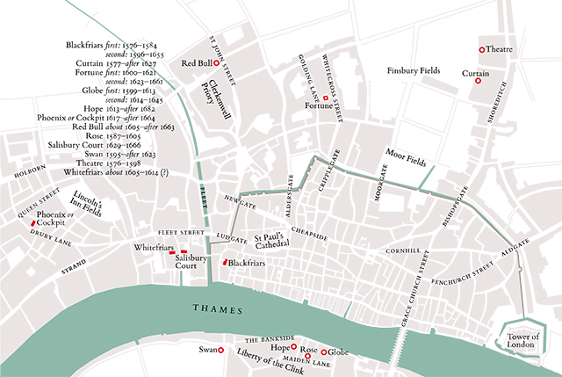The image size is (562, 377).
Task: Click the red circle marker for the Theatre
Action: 481,50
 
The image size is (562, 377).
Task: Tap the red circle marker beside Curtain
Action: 478,81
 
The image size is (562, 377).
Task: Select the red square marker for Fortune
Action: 325,98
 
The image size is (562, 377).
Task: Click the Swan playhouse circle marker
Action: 220,350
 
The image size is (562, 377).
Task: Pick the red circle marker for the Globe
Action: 324,352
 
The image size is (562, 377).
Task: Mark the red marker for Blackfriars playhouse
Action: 225,263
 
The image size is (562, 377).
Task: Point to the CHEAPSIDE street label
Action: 307,235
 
